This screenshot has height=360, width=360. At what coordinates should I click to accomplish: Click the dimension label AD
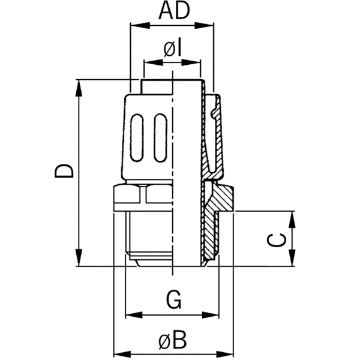[172, 11]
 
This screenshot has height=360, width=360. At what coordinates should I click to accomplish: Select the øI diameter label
[172, 49]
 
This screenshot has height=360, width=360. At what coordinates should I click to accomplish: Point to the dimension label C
[275, 240]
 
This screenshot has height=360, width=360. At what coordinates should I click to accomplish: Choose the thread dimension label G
[173, 299]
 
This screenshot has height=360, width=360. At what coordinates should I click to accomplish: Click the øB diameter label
[172, 341]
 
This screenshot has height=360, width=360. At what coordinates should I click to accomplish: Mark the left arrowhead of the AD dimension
[136, 25]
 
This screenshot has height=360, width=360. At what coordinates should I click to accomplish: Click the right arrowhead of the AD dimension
[208, 25]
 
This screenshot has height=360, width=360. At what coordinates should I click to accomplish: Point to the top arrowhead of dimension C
[293, 217]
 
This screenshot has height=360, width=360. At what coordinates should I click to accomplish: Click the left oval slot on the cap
[137, 139]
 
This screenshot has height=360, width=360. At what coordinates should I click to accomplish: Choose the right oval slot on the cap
[159, 139]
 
